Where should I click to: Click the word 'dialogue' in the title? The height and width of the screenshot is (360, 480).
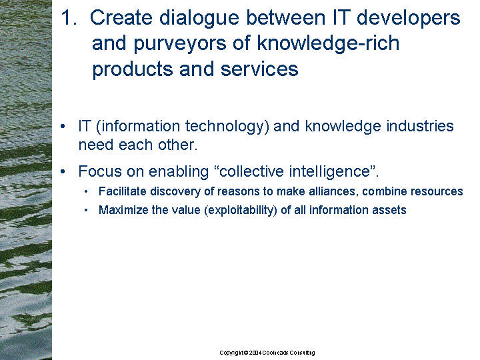(199, 19)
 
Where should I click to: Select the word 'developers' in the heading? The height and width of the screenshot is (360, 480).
(409, 19)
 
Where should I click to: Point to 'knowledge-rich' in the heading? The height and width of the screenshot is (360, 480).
(328, 44)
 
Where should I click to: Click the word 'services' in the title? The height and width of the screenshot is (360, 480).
(259, 69)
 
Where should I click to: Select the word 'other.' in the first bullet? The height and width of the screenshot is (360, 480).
(177, 145)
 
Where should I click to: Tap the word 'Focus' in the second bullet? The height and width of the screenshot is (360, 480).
(100, 171)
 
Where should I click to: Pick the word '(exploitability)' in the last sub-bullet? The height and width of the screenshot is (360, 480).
(241, 210)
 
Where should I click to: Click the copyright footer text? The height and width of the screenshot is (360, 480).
(267, 353)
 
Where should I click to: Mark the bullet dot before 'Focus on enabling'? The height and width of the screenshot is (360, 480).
(63, 172)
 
